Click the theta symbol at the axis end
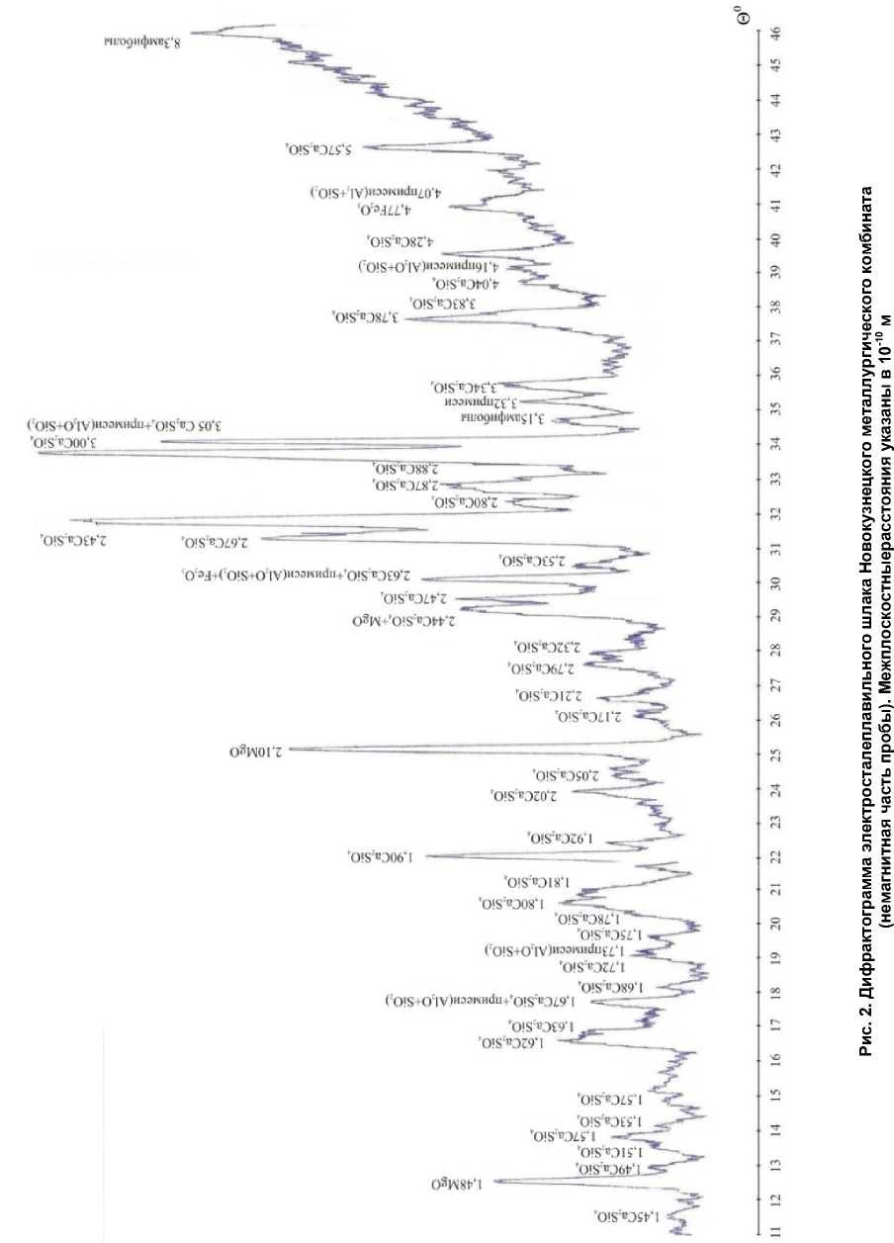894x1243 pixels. (x=773, y=12)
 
